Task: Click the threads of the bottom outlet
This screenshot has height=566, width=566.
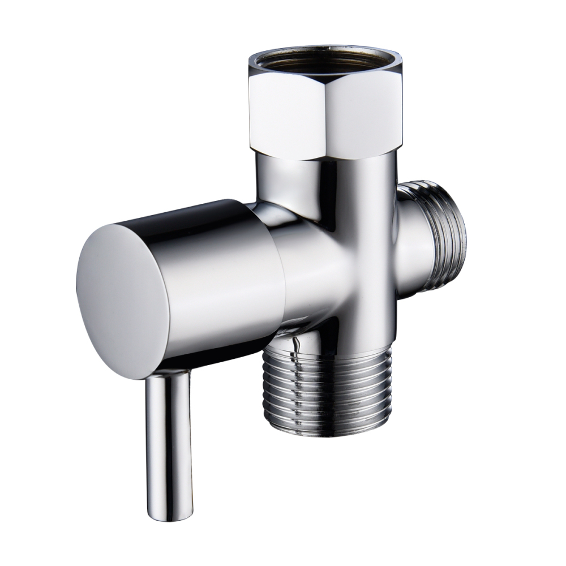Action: coord(326,385)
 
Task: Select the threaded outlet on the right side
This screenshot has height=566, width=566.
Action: coord(447,238)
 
